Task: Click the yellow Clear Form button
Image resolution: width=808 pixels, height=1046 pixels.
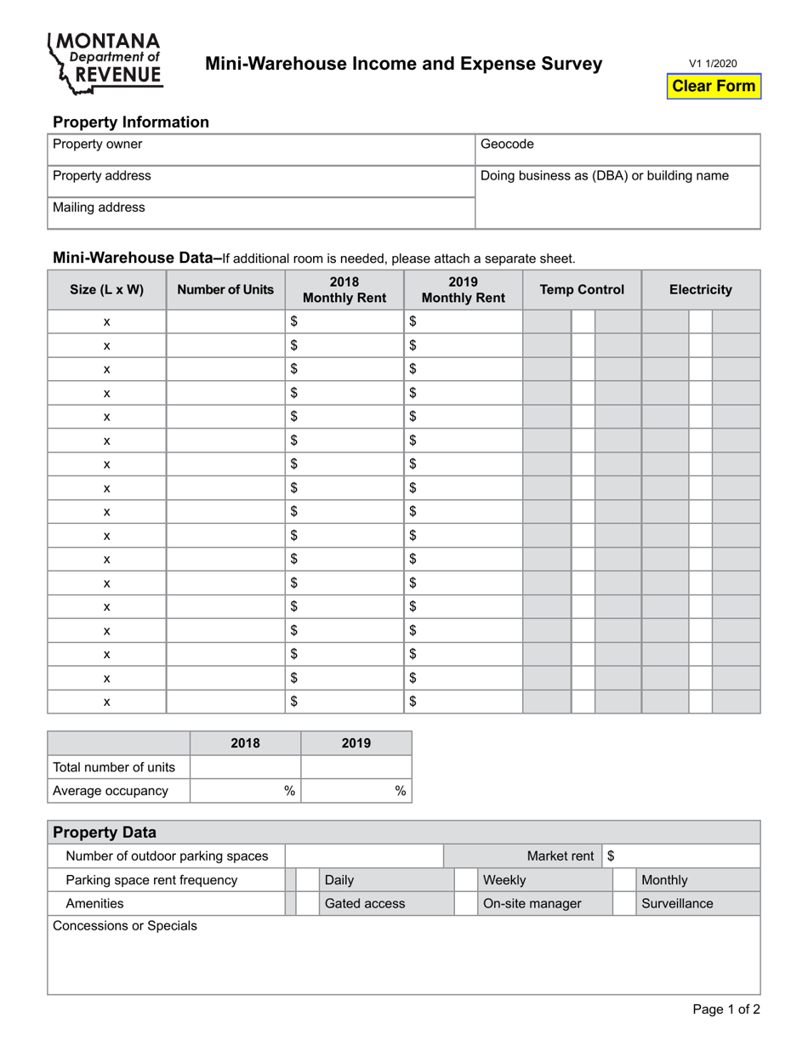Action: tap(713, 86)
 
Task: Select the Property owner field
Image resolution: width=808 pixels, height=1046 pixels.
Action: tap(260, 149)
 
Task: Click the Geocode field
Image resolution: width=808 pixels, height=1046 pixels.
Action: tap(617, 149)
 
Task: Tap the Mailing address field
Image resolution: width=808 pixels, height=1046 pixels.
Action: tap(260, 213)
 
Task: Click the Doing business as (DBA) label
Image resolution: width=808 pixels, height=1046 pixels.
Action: tap(605, 176)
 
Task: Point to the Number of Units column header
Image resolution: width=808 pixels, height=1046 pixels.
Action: tap(225, 290)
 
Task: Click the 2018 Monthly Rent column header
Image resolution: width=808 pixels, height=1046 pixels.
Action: tap(344, 290)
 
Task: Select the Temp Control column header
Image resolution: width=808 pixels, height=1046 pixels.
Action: tap(582, 290)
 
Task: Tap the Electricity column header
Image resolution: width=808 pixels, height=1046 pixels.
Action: tap(700, 290)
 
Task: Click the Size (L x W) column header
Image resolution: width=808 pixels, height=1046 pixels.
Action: tap(106, 290)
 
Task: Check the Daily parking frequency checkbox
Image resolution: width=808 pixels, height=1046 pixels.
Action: tap(307, 880)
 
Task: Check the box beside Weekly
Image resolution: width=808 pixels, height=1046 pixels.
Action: tap(465, 880)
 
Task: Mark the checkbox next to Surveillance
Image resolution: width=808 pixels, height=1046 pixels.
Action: tap(624, 904)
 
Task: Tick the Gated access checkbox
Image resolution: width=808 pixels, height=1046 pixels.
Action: tap(307, 904)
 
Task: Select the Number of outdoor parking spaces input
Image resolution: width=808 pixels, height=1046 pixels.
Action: tap(364, 856)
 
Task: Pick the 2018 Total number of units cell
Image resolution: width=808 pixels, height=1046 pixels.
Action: tap(245, 767)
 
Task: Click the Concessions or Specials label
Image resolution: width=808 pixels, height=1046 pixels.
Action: tap(125, 926)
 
